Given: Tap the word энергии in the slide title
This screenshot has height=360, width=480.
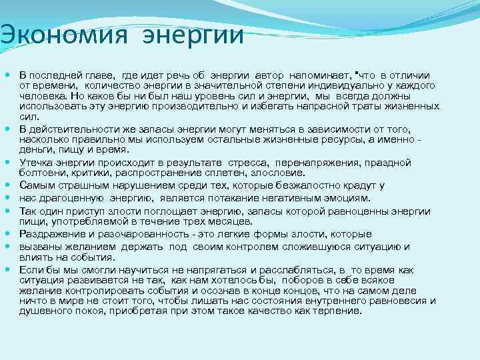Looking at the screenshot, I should click(193, 35).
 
